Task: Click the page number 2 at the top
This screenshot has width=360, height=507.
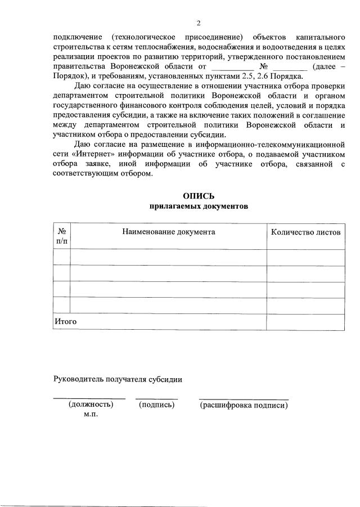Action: pyautogui.click(x=198, y=23)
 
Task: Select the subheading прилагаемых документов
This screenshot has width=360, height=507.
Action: pyautogui.click(x=198, y=206)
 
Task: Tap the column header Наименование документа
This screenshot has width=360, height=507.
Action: pyautogui.click(x=168, y=232)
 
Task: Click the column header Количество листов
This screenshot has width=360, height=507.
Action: pyautogui.click(x=305, y=232)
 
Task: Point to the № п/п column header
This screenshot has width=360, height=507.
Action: pyautogui.click(x=61, y=236)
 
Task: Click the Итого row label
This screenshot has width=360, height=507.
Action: pyautogui.click(x=65, y=321)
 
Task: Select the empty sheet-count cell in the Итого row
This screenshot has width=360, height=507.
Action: pyautogui.click(x=305, y=322)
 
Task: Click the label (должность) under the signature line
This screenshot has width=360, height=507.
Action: pyautogui.click(x=90, y=405)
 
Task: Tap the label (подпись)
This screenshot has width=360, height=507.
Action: pyautogui.click(x=156, y=405)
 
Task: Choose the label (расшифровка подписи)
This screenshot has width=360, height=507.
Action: pyautogui.click(x=244, y=405)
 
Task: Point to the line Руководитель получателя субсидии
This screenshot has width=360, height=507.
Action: pyautogui.click(x=118, y=379)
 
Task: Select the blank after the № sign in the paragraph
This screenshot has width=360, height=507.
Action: pyautogui.click(x=289, y=67)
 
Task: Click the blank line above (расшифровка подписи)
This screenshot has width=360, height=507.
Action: pyautogui.click(x=244, y=398)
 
